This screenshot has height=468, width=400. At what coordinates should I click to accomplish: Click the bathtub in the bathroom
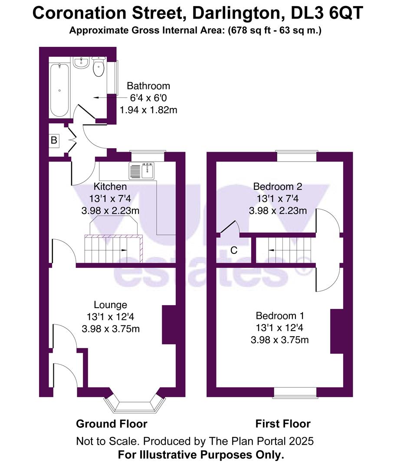click(59, 90)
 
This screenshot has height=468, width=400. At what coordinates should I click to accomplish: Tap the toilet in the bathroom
click(98, 68)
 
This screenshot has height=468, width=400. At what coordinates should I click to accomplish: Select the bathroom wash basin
click(81, 63)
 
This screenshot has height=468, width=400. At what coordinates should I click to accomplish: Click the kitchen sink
click(141, 171)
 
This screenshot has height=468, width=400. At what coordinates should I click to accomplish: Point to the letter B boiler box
click(54, 140)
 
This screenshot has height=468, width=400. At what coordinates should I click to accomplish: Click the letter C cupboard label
click(234, 250)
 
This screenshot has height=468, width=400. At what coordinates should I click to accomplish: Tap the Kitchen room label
click(111, 187)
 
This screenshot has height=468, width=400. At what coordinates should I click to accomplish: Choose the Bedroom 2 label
click(278, 187)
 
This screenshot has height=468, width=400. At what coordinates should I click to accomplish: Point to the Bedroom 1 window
click(295, 392)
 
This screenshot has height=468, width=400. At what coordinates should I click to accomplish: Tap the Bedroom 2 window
click(296, 156)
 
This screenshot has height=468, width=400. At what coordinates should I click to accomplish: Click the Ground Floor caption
click(111, 424)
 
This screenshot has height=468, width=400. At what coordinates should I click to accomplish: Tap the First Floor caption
click(283, 424)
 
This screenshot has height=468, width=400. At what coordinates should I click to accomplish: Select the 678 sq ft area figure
click(248, 31)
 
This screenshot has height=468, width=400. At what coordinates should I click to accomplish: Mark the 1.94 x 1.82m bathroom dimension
click(148, 110)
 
